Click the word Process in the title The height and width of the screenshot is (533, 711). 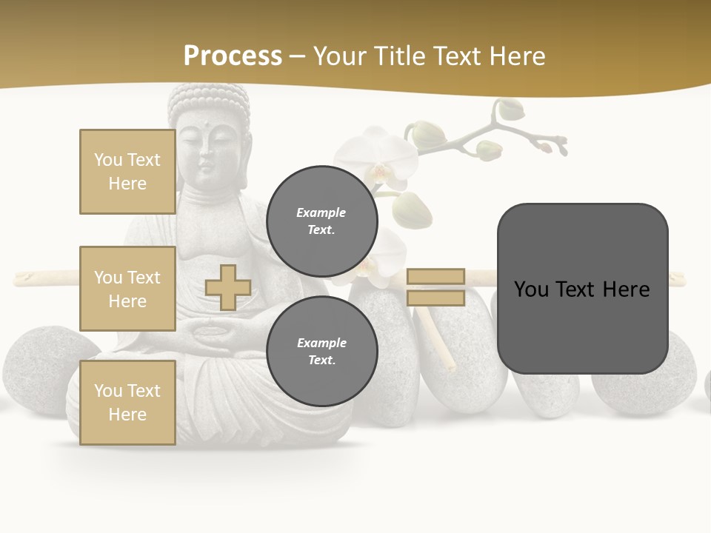tap(233, 56)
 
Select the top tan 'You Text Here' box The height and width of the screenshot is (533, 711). tap(127, 172)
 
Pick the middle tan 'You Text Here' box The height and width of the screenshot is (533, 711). tap(127, 289)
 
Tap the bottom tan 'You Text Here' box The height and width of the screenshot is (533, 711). tap(127, 403)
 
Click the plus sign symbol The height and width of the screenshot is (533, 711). tap(228, 287)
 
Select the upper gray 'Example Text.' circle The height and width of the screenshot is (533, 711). tap(321, 221)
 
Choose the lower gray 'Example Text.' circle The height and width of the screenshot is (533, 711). tap(321, 351)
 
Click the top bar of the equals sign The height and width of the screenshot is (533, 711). tap(435, 277)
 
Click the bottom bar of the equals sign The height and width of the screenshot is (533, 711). tap(435, 298)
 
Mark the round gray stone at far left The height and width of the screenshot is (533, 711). tap(44, 366)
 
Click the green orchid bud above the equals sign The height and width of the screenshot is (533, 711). tap(412, 209)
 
